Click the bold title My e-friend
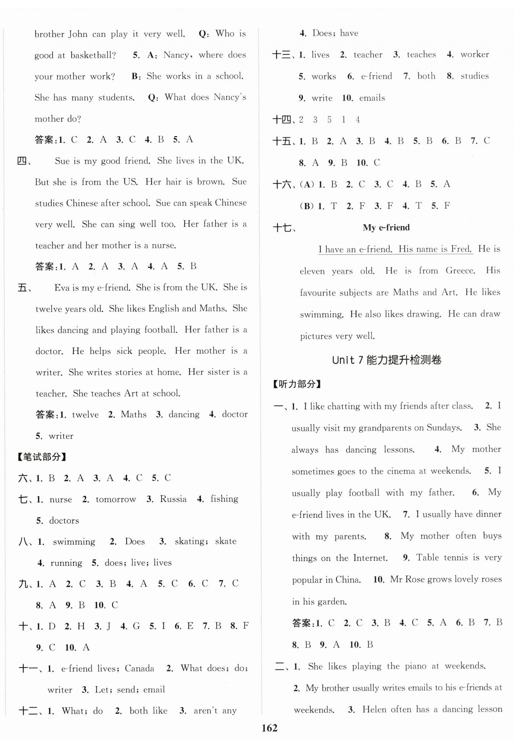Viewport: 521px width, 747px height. (386, 227)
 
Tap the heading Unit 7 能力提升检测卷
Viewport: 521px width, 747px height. (387, 360)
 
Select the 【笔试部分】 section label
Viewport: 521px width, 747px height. (42, 457)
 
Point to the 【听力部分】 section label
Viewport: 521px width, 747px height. (297, 384)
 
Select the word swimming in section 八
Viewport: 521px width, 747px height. (74, 542)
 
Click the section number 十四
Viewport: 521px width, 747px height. (282, 120)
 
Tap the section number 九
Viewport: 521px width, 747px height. (24, 584)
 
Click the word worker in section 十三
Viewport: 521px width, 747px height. (474, 54)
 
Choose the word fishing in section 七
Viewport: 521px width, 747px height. (224, 499)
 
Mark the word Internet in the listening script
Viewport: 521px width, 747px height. (370, 558)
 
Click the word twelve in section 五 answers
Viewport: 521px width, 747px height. (85, 415)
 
